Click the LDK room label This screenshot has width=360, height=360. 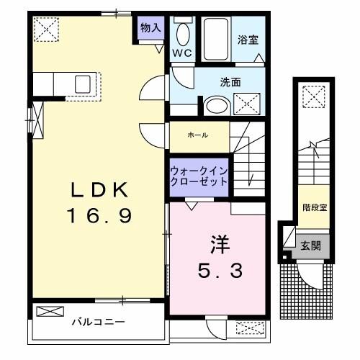tap(100, 191)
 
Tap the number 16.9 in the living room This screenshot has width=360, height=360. tap(100, 215)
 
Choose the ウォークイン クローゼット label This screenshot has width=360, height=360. tap(199, 176)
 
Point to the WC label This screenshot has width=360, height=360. tap(181, 53)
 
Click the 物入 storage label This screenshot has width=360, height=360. tap(150, 29)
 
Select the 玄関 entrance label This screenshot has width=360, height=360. tap(311, 245)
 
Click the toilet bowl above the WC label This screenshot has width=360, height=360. tap(182, 33)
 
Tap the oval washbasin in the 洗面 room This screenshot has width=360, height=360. tap(215, 106)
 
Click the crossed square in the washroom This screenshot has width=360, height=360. tap(248, 104)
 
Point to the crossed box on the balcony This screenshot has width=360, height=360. tap(50, 312)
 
